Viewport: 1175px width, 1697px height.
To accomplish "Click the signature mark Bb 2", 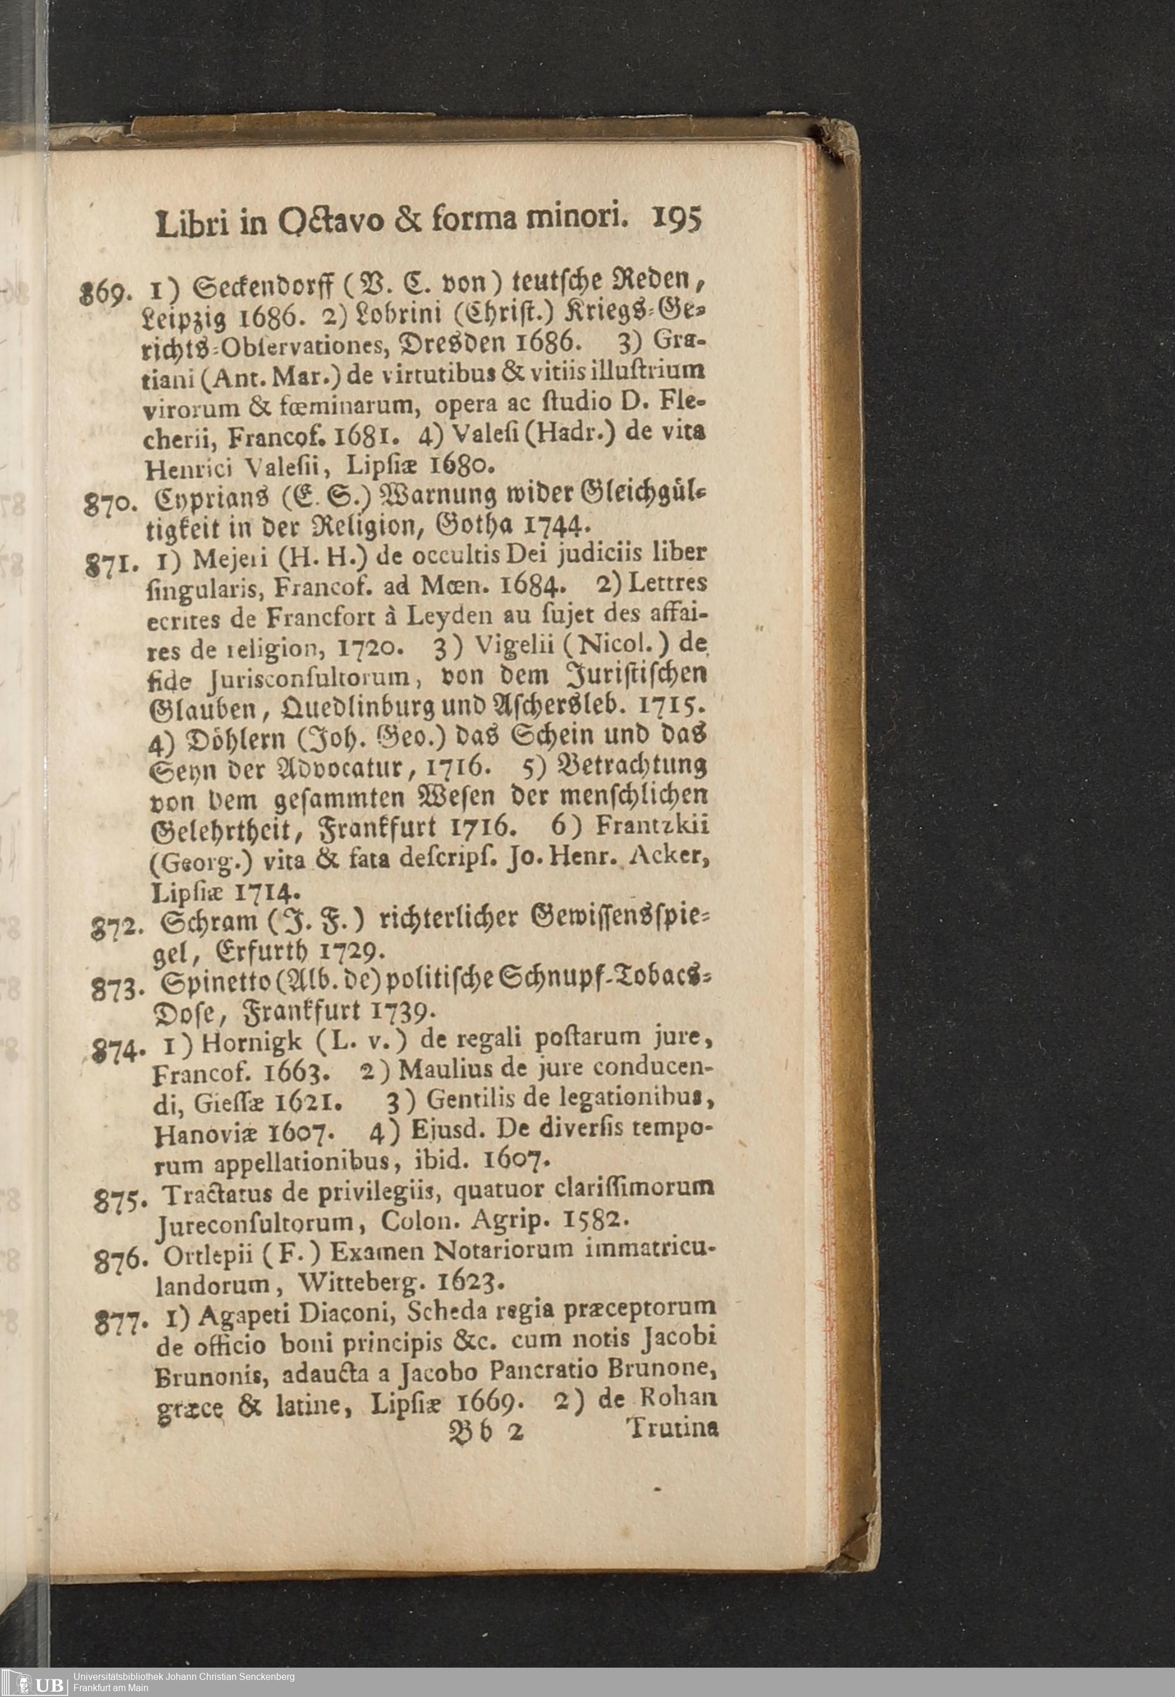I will [483, 1432].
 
